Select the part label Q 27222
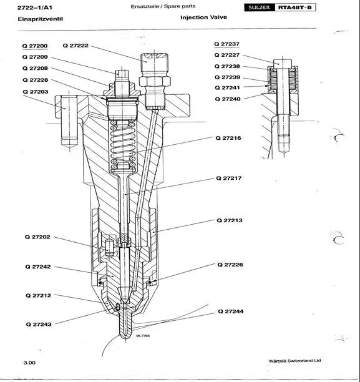[x=75, y=46]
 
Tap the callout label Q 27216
[x=229, y=137]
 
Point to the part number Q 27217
[x=229, y=178]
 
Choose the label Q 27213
[x=229, y=220]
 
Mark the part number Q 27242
[x=37, y=267]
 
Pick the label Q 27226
[x=230, y=265]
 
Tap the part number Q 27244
[x=230, y=311]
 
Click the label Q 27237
[x=226, y=44]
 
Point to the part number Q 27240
[x=226, y=99]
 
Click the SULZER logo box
[x=257, y=7]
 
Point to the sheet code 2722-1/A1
[x=34, y=7]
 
